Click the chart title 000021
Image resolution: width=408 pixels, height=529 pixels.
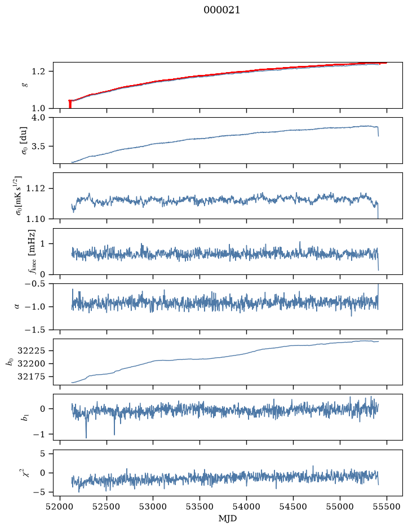(221, 10)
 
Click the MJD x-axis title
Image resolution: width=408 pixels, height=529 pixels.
(228, 518)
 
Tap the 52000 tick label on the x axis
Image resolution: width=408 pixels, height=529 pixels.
(60, 506)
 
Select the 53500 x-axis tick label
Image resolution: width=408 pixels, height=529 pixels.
(200, 506)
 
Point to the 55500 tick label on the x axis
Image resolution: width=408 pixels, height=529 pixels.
(387, 506)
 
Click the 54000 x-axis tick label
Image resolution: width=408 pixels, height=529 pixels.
(246, 506)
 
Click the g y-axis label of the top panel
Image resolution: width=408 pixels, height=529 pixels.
(24, 85)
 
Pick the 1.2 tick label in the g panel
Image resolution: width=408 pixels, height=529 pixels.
(38, 72)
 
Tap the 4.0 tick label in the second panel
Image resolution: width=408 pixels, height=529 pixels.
(38, 118)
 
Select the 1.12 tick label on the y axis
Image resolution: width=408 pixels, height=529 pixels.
(35, 188)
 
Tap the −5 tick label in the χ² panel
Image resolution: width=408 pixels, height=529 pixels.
(38, 492)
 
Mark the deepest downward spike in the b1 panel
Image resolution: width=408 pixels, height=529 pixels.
(86, 437)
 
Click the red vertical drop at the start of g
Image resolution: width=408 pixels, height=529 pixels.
(70, 104)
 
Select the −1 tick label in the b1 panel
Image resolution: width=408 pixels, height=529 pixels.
(38, 434)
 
